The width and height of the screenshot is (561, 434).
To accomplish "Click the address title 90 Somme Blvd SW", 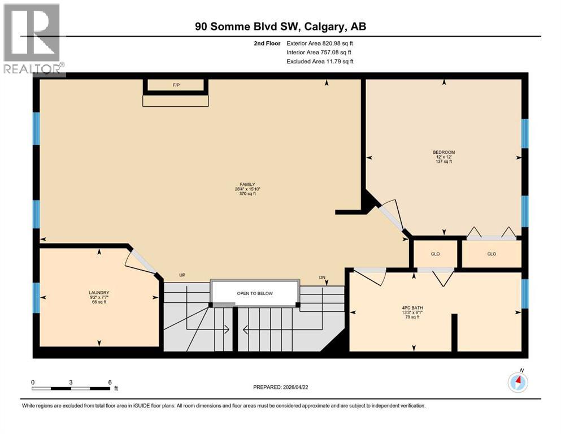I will coord(281,27).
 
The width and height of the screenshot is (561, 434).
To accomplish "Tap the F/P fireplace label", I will coord(176,86).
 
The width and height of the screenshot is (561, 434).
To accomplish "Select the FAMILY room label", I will coord(247,184).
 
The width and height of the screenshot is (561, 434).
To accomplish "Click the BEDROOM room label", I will coord(443,152).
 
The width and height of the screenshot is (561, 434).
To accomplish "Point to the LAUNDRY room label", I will coord(99,293).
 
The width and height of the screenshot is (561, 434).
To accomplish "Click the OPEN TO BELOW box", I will coord(254,293).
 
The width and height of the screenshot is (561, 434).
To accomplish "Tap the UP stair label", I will coord(182,275).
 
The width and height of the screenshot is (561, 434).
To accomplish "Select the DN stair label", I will coord(322,277).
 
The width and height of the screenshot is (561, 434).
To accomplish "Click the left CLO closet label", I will coord(435,254).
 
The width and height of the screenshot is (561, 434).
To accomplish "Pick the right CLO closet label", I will coord(492,254).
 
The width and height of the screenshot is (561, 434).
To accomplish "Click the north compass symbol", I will coord(517,382).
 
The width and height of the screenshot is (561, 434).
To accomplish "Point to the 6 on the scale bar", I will coord(110,382).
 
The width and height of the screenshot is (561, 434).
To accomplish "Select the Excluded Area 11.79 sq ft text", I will coord(320,61).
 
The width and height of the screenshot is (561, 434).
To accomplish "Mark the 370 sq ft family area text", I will coord(247,194).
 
